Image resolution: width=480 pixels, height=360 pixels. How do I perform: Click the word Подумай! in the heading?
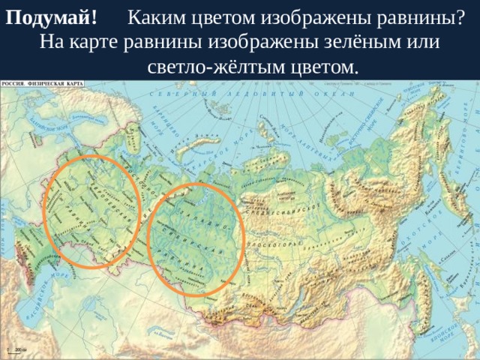(50, 16)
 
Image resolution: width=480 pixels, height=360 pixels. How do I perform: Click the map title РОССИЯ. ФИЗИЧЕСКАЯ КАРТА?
(42, 85)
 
